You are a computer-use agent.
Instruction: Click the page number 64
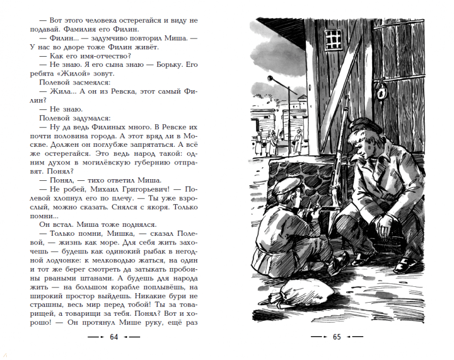[x=113, y=337]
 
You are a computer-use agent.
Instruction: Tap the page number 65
[x=336, y=337]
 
